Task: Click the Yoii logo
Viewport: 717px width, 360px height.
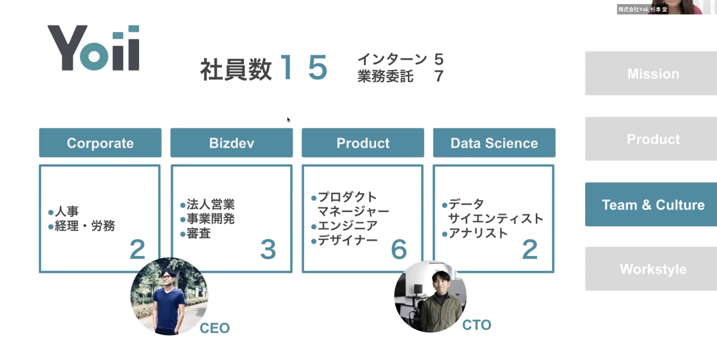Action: tap(94, 48)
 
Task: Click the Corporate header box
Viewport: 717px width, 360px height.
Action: tap(100, 143)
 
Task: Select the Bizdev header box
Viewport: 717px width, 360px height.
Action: tap(231, 143)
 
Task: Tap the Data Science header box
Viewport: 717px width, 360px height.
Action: tap(494, 143)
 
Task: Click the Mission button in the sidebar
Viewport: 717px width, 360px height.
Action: tap(652, 74)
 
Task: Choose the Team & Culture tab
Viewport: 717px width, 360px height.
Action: tap(652, 204)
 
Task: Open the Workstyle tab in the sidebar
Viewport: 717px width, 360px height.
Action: tap(652, 269)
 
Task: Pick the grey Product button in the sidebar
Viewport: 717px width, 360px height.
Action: tap(652, 139)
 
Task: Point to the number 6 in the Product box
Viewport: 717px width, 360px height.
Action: tap(399, 249)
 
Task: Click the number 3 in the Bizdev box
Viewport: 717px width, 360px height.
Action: tap(268, 249)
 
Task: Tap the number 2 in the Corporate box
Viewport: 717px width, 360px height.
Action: tap(137, 249)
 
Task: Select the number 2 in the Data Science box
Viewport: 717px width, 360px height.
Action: tap(530, 249)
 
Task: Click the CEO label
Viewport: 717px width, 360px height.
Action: tap(214, 328)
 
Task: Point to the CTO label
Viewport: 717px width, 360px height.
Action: tap(477, 325)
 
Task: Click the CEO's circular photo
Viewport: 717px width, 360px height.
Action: tap(169, 296)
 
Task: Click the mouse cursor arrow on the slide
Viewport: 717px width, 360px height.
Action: tap(288, 119)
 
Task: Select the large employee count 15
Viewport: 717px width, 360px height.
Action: tap(304, 68)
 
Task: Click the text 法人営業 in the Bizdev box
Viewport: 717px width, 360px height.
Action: tap(210, 204)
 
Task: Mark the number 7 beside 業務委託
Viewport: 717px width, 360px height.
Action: tap(439, 76)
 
